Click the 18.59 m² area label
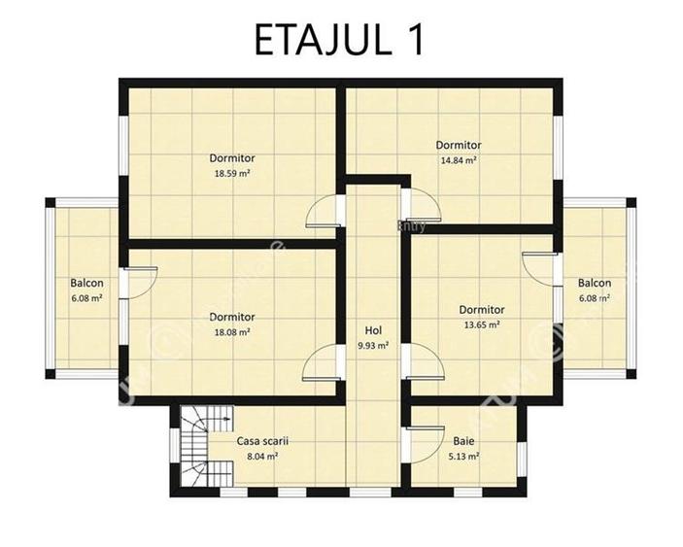tap(232, 174)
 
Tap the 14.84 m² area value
tap(458, 161)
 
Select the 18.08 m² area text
tap(232, 332)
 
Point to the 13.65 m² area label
tap(481, 325)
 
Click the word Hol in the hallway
tap(373, 329)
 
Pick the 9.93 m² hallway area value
tap(373, 345)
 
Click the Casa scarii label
tap(262, 440)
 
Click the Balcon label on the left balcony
tap(86, 284)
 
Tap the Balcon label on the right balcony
tap(594, 284)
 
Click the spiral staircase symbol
tap(204, 442)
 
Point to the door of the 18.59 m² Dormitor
tap(324, 212)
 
